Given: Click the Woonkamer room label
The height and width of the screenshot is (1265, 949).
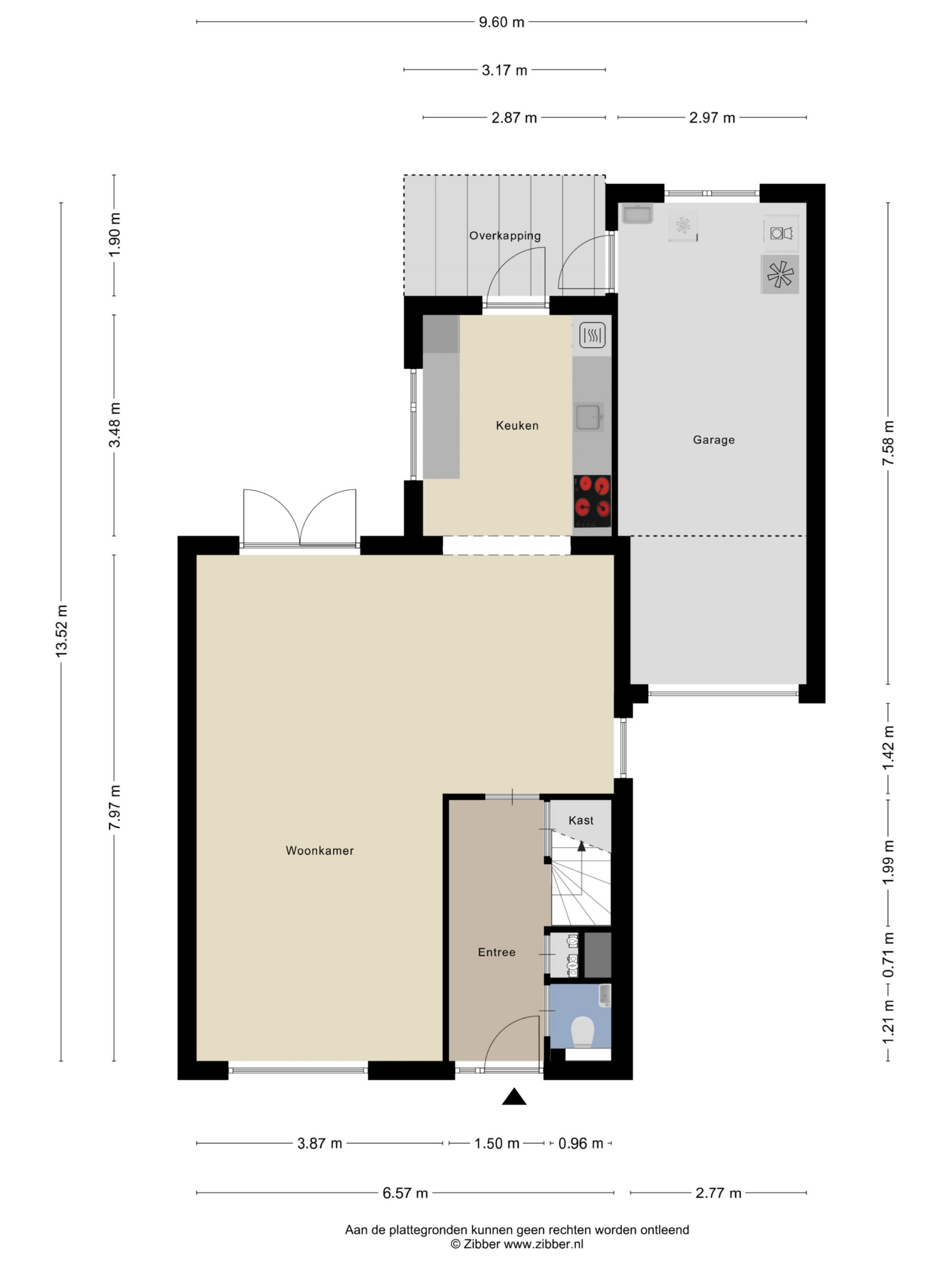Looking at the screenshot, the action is (x=319, y=850).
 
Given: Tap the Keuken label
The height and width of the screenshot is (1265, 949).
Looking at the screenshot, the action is (x=517, y=425).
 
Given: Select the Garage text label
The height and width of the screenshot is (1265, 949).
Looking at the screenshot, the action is (x=713, y=440).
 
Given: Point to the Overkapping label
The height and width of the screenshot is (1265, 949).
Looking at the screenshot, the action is (x=505, y=236).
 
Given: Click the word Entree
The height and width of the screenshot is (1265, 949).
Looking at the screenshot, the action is (x=497, y=952).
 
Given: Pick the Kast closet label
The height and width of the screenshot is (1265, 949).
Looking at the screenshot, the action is (x=581, y=821).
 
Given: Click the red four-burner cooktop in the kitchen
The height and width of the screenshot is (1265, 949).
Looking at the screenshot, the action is (x=592, y=502).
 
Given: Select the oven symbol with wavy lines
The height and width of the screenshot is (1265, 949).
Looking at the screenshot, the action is (x=592, y=336).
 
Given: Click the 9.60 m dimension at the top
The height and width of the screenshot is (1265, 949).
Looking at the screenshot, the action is (x=501, y=22).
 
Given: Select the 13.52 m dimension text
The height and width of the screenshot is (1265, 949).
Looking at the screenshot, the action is (x=61, y=631).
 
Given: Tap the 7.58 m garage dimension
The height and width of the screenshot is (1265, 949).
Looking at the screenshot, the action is (x=888, y=443).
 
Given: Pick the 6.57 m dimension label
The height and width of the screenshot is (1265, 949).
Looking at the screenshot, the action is (x=405, y=1193).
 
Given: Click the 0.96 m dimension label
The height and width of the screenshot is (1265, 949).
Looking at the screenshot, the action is (x=581, y=1143).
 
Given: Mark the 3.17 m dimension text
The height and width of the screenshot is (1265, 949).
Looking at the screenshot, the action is (x=504, y=70).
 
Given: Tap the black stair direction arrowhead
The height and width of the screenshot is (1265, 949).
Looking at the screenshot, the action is (x=581, y=846).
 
